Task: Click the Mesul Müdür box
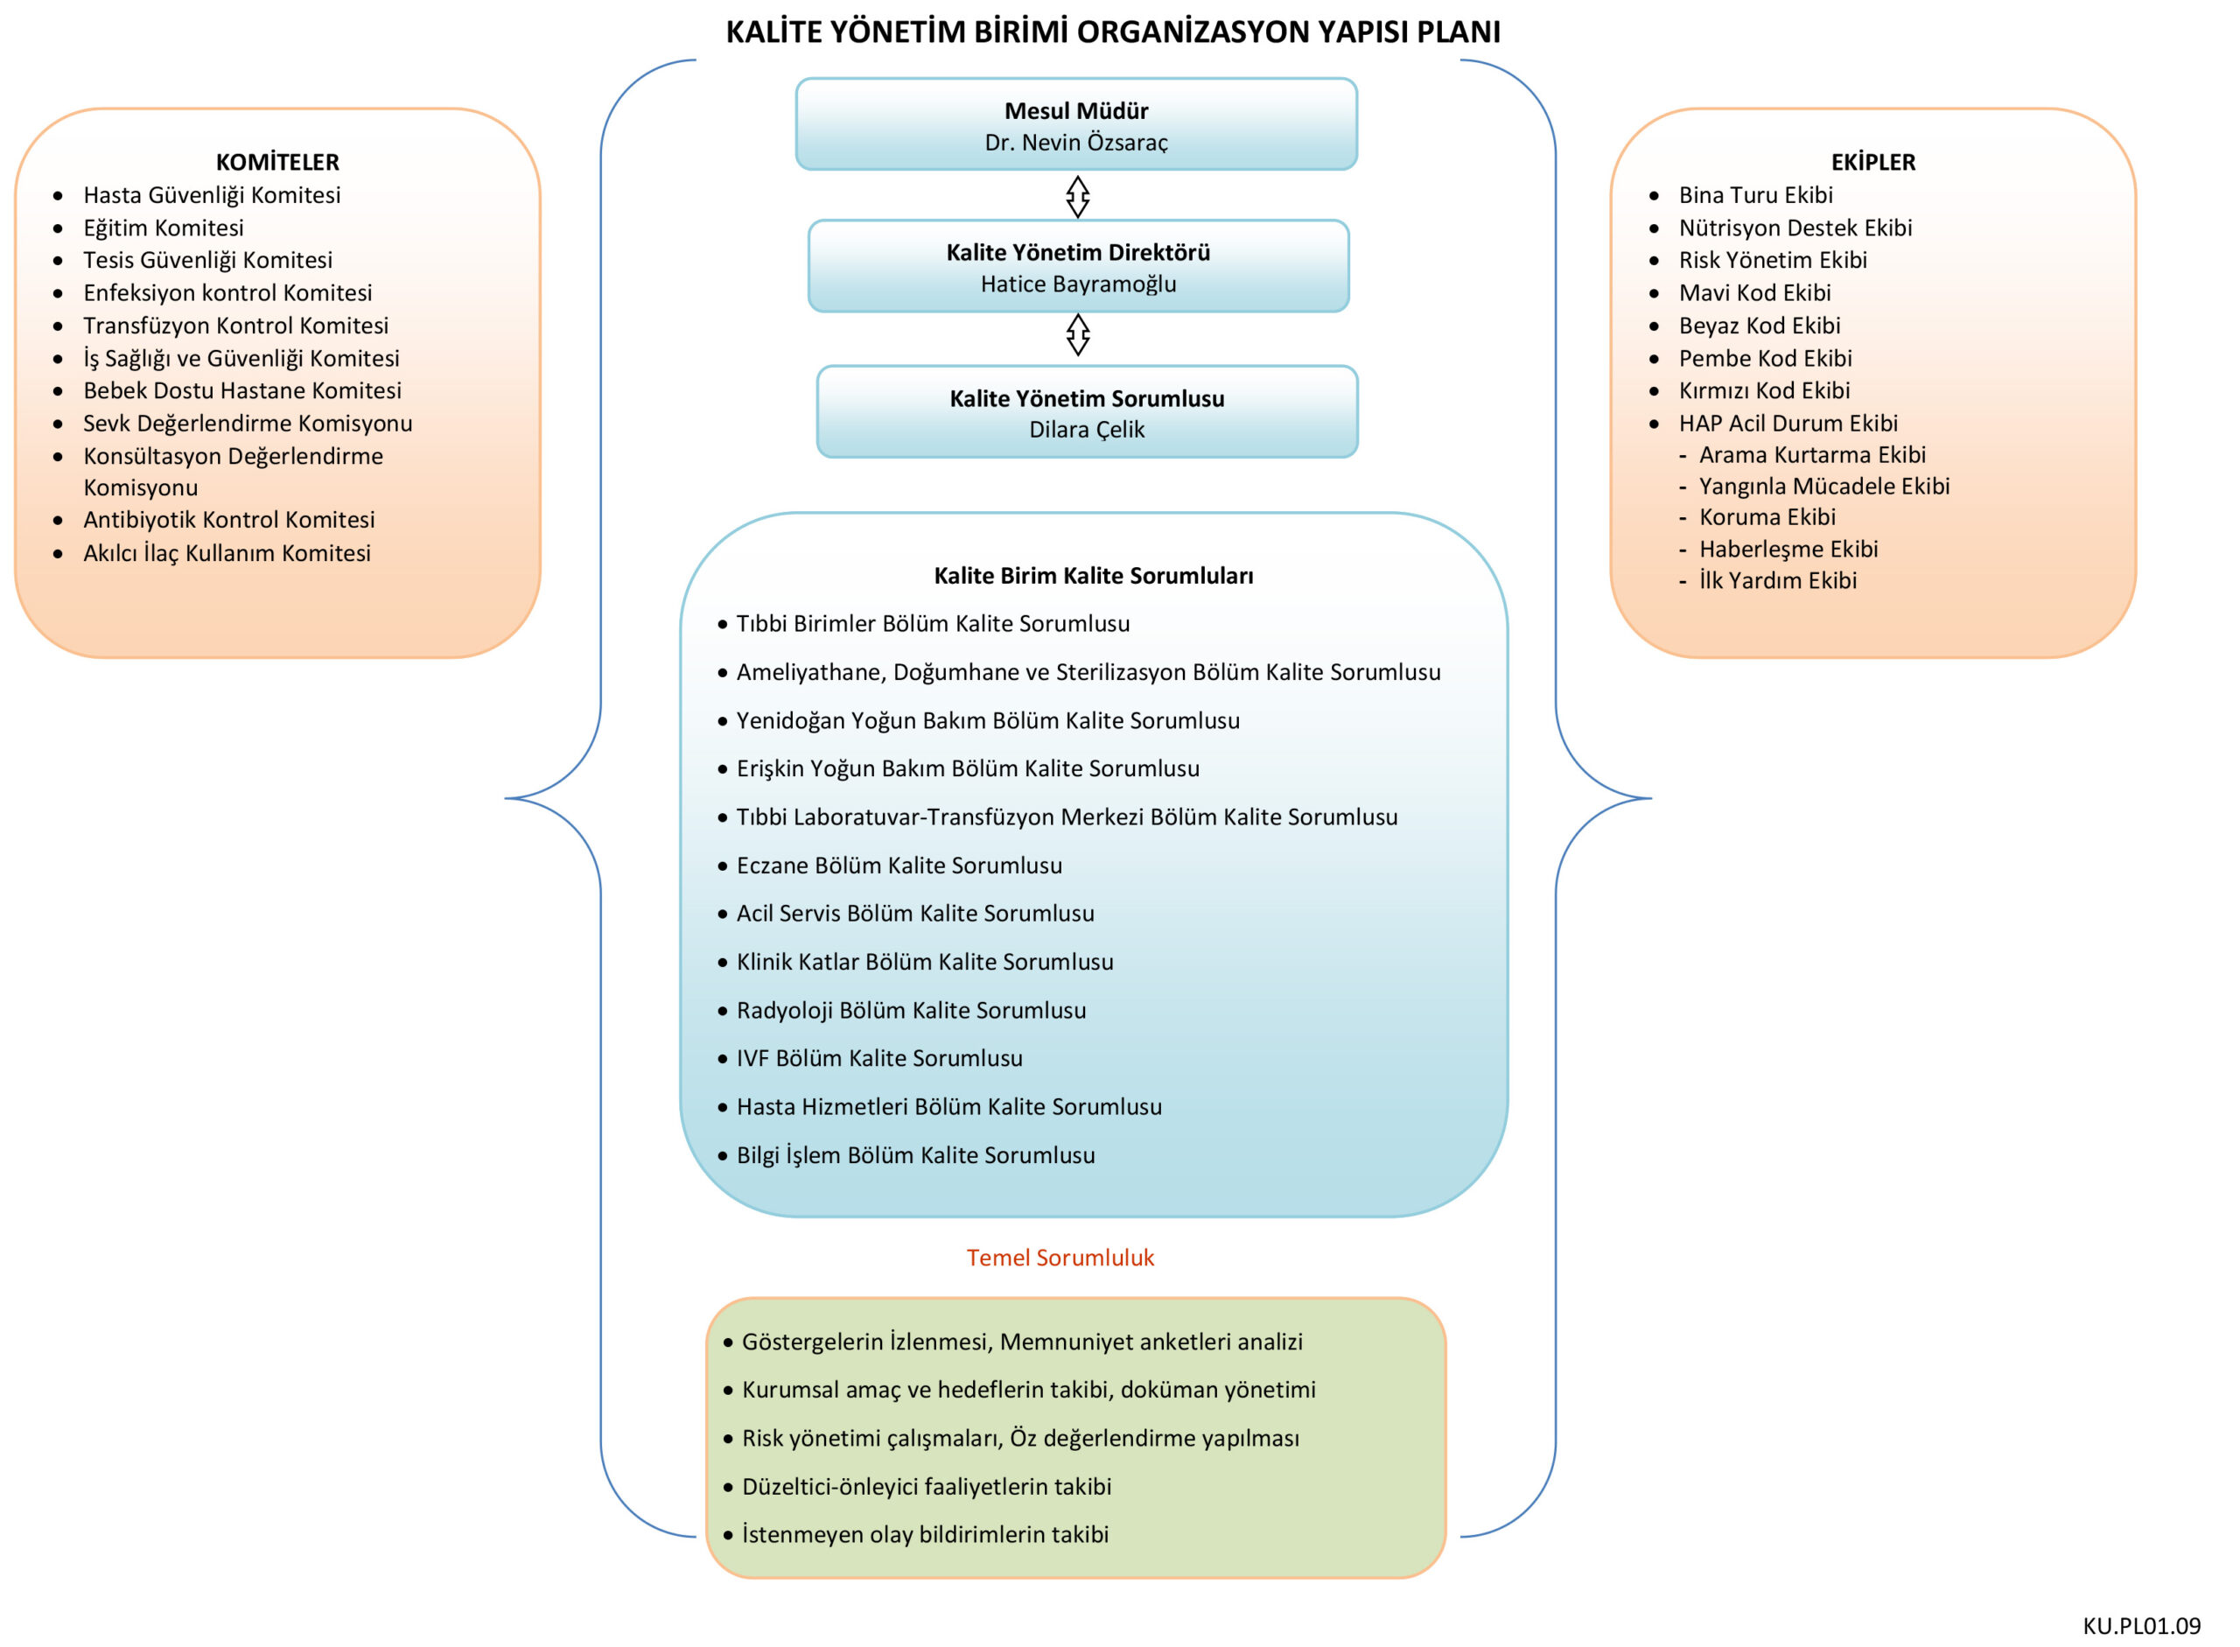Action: pyautogui.click(x=1075, y=123)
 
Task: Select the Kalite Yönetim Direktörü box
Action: pyautogui.click(x=1078, y=266)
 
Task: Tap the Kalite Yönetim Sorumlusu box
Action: pyautogui.click(x=1087, y=411)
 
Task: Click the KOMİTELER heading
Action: pyautogui.click(x=277, y=162)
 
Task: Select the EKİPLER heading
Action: pyautogui.click(x=1872, y=162)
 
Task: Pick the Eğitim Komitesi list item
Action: pyautogui.click(x=164, y=228)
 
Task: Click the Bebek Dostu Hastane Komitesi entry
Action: pyautogui.click(x=242, y=389)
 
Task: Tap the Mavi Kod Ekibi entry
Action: pyautogui.click(x=1754, y=292)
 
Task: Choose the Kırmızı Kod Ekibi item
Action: pyautogui.click(x=1763, y=389)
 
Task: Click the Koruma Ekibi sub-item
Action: pyautogui.click(x=1767, y=516)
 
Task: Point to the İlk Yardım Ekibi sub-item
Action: pyautogui.click(x=1777, y=580)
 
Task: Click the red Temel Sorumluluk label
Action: pyautogui.click(x=1060, y=1258)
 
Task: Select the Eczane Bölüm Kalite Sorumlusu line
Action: pyautogui.click(x=899, y=866)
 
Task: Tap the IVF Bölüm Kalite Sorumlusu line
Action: pyautogui.click(x=878, y=1058)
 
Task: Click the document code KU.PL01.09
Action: pyautogui.click(x=2140, y=1626)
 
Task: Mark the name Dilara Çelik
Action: pyautogui.click(x=1087, y=430)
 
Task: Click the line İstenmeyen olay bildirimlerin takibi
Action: pyautogui.click(x=924, y=1534)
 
